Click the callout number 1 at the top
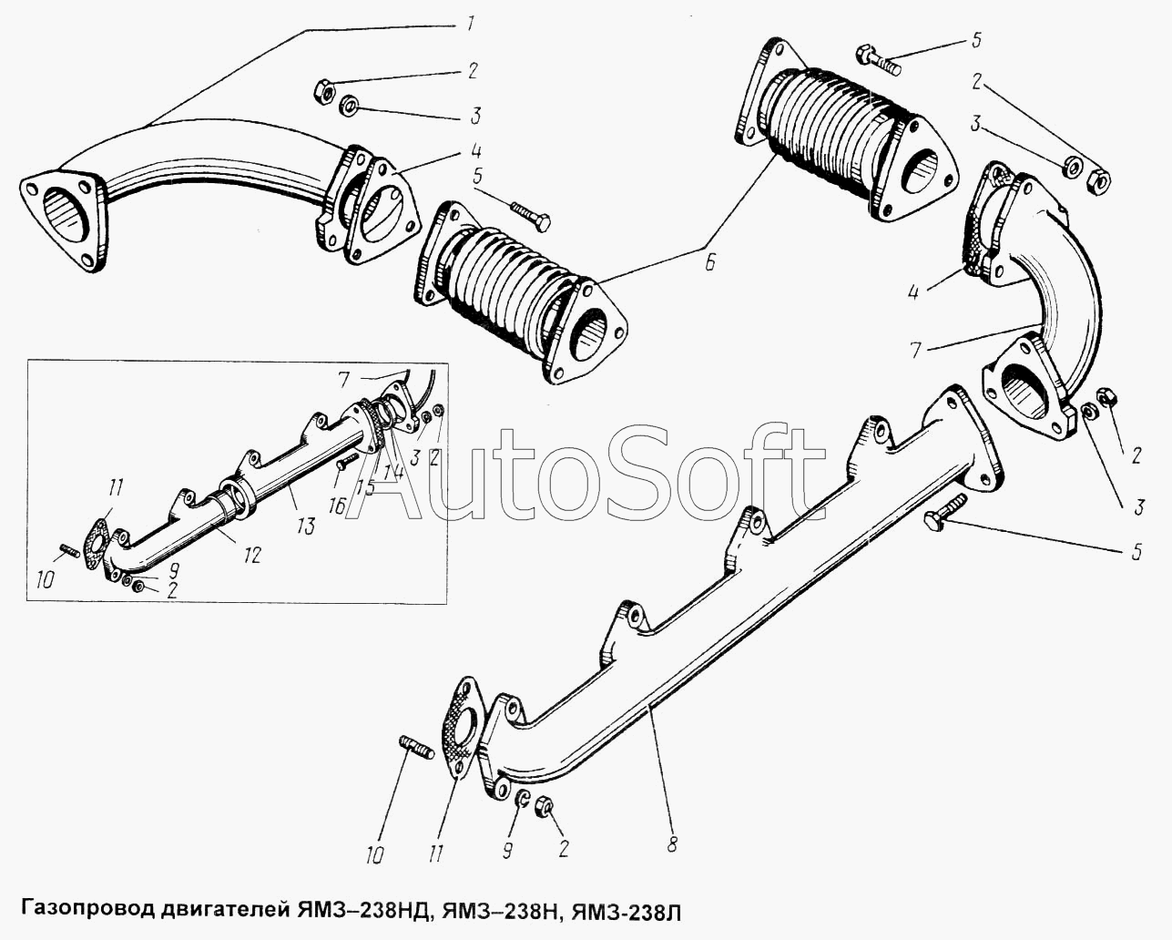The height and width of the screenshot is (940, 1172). (x=471, y=24)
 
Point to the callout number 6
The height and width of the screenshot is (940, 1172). (x=709, y=262)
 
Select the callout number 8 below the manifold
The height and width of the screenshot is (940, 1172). (x=672, y=845)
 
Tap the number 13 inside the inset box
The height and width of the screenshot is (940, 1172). (x=306, y=526)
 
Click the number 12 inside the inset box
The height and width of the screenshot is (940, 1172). (x=251, y=555)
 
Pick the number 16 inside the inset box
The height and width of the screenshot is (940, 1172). (x=337, y=506)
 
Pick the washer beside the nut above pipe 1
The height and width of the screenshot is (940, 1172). (x=348, y=105)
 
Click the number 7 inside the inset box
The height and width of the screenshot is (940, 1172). (x=342, y=380)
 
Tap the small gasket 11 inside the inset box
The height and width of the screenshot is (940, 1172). (x=97, y=544)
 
